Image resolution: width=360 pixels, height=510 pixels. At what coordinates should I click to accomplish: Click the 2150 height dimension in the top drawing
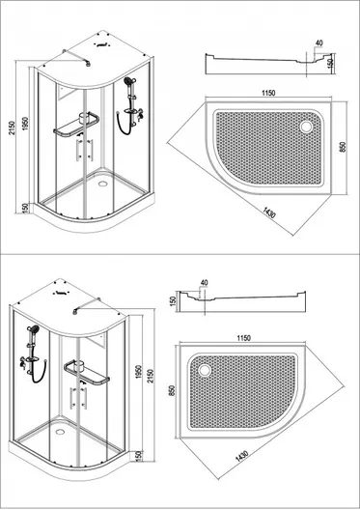(12, 128)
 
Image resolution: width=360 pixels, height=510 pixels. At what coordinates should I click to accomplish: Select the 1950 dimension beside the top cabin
(25, 124)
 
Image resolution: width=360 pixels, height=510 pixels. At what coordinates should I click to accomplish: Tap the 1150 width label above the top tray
(268, 93)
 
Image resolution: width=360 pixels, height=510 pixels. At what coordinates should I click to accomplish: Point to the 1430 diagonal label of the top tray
(269, 212)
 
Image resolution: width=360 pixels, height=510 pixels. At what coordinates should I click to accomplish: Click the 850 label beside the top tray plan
(342, 147)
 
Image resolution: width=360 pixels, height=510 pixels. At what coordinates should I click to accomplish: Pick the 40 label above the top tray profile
(319, 42)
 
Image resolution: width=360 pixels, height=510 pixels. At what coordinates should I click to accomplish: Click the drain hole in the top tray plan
(306, 127)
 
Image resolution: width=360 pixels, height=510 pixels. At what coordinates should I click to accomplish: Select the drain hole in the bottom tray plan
(205, 370)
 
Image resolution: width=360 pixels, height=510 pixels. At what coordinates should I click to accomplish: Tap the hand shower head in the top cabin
(128, 80)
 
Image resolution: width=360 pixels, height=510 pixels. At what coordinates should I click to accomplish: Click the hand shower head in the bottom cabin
(33, 329)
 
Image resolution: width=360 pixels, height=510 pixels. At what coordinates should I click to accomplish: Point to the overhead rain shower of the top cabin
(89, 64)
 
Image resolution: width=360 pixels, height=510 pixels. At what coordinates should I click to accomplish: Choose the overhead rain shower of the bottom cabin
(75, 312)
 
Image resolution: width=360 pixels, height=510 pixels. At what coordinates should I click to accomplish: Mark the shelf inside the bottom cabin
(87, 373)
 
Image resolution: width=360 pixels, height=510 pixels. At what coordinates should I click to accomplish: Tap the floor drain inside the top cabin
(103, 184)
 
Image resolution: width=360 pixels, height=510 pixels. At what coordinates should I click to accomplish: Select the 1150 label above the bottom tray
(243, 338)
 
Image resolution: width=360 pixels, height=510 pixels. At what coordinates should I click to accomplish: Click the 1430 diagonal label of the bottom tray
(241, 456)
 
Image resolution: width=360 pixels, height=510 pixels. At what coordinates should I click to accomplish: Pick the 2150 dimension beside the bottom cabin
(150, 376)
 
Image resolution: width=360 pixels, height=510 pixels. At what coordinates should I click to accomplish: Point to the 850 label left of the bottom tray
(172, 390)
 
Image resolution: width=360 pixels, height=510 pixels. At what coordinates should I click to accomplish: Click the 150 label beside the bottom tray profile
(173, 300)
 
